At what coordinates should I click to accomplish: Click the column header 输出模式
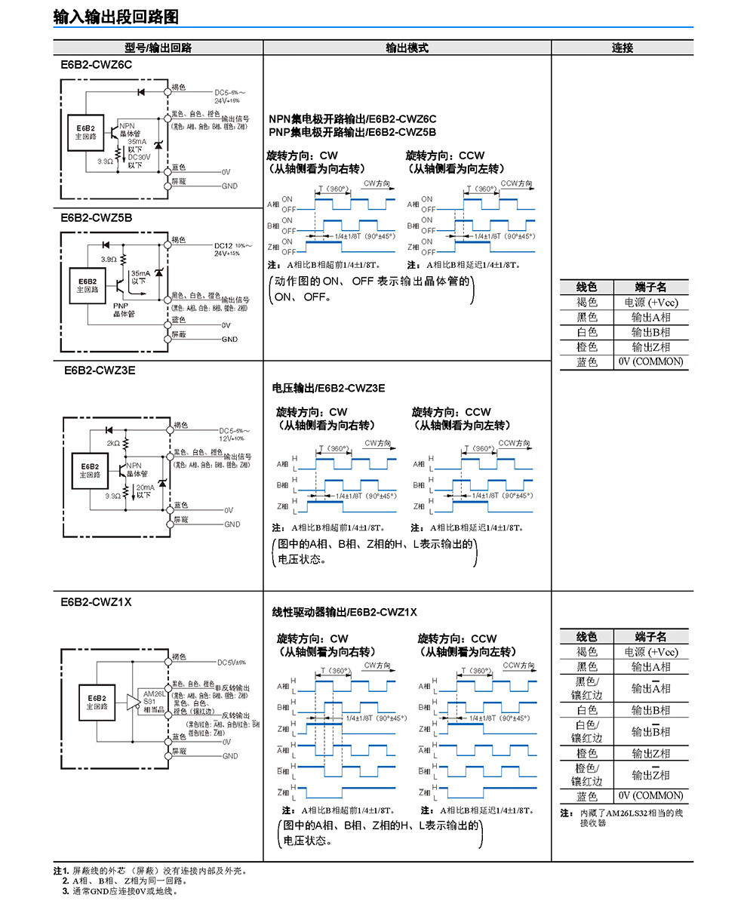pyautogui.click(x=407, y=48)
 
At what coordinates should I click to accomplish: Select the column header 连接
pyautogui.click(x=622, y=48)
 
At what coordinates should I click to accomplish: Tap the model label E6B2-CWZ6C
pyautogui.click(x=97, y=65)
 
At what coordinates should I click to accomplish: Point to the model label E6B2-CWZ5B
pyautogui.click(x=97, y=218)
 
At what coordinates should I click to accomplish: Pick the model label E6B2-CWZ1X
pyautogui.click(x=97, y=602)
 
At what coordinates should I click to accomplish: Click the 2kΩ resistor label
pyautogui.click(x=113, y=443)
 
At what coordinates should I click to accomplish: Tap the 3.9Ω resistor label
pyautogui.click(x=108, y=259)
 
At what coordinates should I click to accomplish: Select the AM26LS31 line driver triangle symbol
pyautogui.click(x=134, y=699)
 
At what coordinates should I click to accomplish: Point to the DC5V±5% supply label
pyautogui.click(x=231, y=663)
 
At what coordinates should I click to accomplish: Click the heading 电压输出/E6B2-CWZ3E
pyautogui.click(x=328, y=388)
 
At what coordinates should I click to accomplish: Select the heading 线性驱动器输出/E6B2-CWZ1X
pyautogui.click(x=344, y=612)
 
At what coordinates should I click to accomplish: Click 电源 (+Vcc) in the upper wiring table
pyautogui.click(x=650, y=302)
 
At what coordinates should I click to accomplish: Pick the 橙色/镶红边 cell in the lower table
pyautogui.click(x=586, y=774)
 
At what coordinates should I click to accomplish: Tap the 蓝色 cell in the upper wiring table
pyautogui.click(x=586, y=362)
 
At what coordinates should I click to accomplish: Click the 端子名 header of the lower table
pyautogui.click(x=650, y=636)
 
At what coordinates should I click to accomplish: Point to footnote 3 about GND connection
pyautogui.click(x=121, y=891)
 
